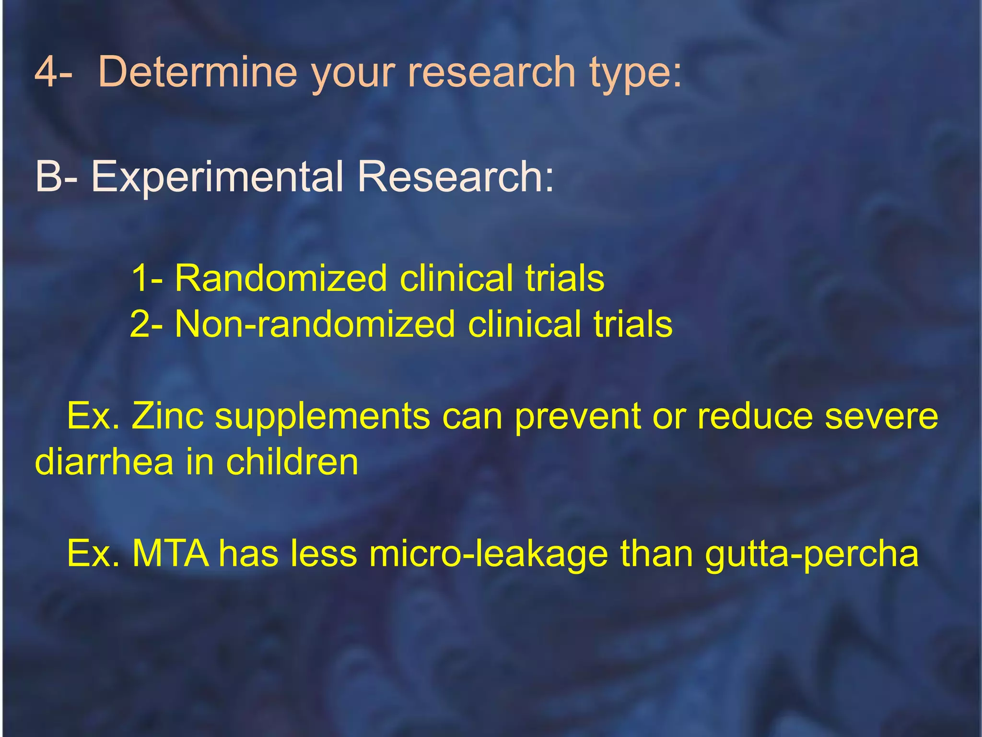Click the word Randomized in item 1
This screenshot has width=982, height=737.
point(281,278)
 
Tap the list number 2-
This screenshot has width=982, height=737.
point(146,324)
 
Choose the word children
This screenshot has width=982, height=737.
point(292,462)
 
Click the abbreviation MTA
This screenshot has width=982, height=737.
point(170,553)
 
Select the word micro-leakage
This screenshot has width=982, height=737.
point(489,553)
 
